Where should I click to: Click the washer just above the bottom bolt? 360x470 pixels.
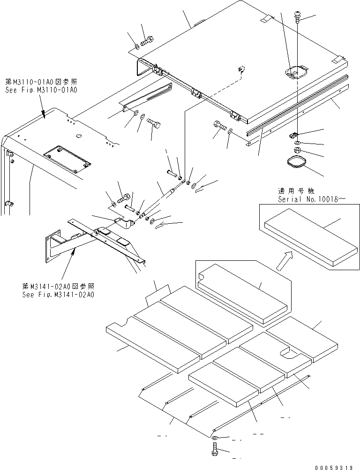pyautogui.click(x=214, y=438)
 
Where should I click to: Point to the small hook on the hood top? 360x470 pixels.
pyautogui.click(x=241, y=69)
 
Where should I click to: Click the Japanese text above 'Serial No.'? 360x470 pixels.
pyautogui.click(x=297, y=191)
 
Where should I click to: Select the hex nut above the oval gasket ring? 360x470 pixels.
pyautogui.click(x=297, y=151)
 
